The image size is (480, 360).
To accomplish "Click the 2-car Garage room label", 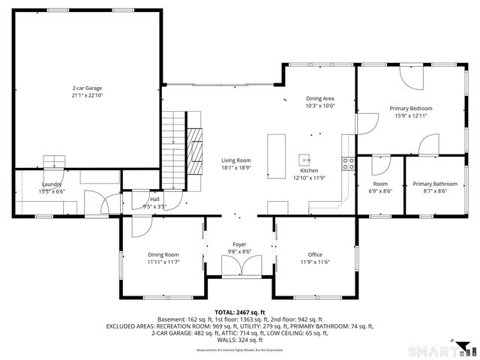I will [87, 88].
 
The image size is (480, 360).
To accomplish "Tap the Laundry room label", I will [52, 184].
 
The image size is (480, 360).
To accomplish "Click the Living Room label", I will [235, 160].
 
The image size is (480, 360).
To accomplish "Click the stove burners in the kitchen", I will [348, 163].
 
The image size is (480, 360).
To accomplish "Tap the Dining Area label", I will [319, 99].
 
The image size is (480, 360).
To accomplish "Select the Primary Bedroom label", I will [410, 108].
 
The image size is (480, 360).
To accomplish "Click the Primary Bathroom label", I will [435, 184].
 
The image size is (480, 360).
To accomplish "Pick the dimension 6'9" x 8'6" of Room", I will [381, 191].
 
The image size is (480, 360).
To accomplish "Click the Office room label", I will [315, 254].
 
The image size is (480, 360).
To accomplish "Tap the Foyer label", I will [239, 244].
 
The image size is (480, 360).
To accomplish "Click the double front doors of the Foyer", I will [239, 265].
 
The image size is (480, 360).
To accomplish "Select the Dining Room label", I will [163, 254].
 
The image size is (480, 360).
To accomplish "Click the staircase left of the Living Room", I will [175, 142].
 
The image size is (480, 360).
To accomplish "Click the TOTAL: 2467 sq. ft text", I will [240, 312].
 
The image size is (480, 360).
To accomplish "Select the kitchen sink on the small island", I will [305, 159].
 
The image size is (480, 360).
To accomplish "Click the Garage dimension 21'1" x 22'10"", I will [87, 95].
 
